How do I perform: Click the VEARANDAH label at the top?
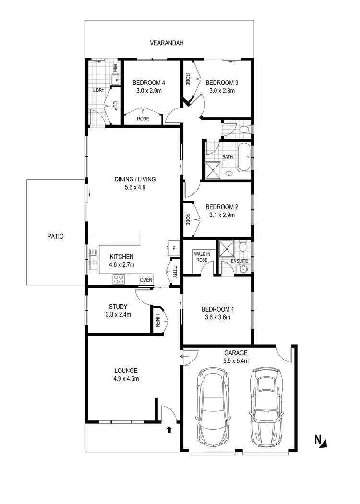point(167,43)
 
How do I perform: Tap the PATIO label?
point(55,236)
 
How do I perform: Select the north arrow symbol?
point(320,440)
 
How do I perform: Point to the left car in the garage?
point(214,407)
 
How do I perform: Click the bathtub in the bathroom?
point(243,156)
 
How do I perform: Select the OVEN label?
point(145,280)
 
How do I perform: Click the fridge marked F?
point(173,248)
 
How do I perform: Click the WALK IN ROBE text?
point(200,257)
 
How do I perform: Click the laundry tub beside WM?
point(116,78)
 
